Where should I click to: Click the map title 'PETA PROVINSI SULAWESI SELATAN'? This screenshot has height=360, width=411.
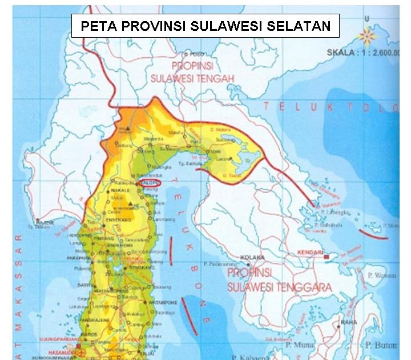pyautogui.click(x=205, y=26)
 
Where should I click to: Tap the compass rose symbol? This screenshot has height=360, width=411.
pyautogui.click(x=367, y=37)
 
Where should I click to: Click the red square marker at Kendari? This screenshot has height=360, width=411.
pyautogui.click(x=327, y=258)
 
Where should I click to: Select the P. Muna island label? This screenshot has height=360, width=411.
pyautogui.click(x=297, y=346)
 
